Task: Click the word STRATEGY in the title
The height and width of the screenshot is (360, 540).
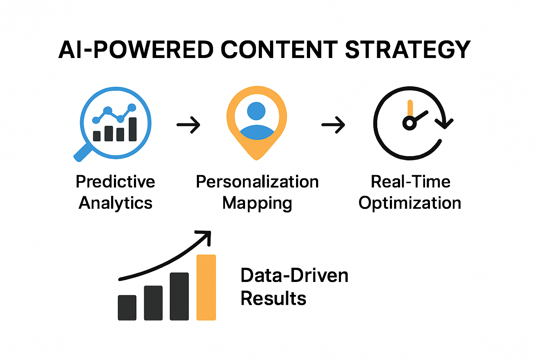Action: (x=407, y=50)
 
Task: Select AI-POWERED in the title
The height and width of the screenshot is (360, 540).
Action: (x=136, y=50)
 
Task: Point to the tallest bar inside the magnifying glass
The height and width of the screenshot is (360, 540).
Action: (x=133, y=129)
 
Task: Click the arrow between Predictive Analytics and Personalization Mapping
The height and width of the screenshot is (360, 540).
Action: (x=188, y=124)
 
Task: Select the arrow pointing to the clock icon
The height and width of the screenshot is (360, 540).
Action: (x=333, y=124)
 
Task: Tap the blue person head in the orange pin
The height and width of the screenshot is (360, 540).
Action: (x=256, y=111)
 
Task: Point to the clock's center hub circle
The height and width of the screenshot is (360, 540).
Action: (x=409, y=123)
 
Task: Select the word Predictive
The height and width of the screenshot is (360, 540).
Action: (x=115, y=182)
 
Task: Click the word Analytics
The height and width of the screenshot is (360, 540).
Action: (x=115, y=203)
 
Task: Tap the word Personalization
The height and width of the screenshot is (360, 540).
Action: (x=257, y=182)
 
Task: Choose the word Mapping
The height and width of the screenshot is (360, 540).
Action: (x=257, y=204)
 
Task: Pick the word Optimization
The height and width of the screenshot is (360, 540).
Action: (x=410, y=203)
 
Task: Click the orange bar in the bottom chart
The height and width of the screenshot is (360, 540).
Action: (x=206, y=287)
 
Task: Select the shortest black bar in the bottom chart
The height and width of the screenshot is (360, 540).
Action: (x=127, y=308)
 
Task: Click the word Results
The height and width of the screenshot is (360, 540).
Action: (x=273, y=298)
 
